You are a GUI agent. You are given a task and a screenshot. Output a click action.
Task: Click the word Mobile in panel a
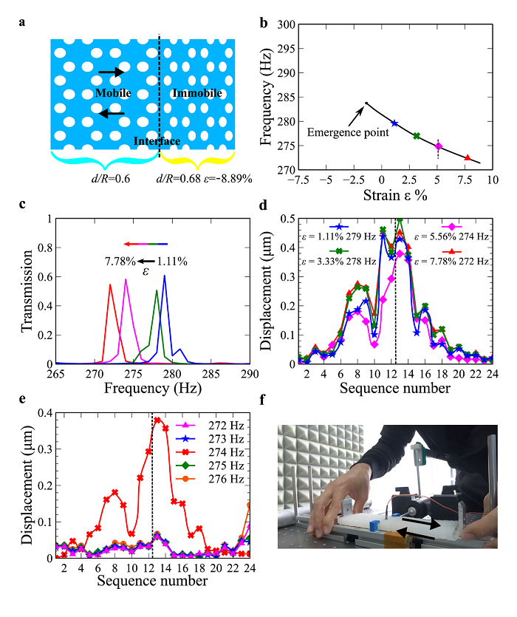coord(113,94)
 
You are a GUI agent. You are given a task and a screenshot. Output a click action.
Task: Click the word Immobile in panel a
coord(196,94)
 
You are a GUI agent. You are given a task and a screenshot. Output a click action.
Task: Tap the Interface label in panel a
coord(157,141)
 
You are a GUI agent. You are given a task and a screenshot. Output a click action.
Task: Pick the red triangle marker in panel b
coord(468,157)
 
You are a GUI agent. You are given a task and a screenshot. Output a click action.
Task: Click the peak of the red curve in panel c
coord(110,284)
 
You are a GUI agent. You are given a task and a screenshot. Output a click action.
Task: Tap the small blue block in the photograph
coord(373,525)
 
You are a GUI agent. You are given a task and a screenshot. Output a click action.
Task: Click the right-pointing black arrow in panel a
coord(112,72)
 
